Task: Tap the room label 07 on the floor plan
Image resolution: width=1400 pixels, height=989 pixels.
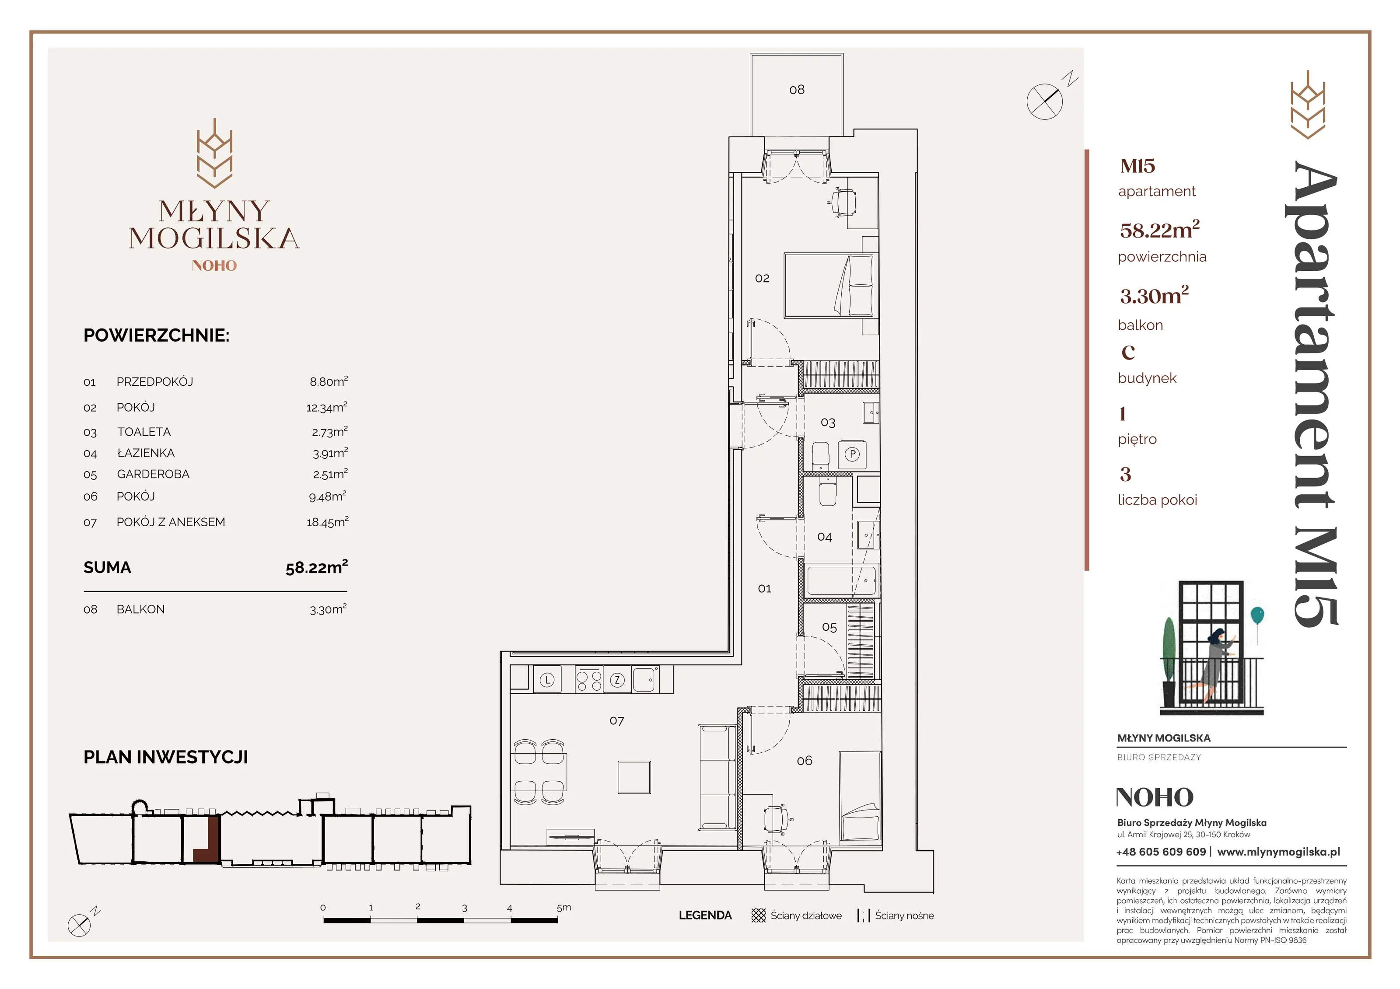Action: click(616, 721)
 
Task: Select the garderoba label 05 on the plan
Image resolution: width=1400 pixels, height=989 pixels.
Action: click(829, 627)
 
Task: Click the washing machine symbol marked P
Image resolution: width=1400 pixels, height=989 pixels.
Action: click(852, 454)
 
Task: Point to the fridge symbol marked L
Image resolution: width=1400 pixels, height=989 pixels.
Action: click(547, 680)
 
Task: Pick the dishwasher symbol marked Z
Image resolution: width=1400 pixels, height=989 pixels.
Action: click(617, 680)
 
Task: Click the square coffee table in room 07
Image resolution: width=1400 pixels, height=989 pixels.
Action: click(634, 777)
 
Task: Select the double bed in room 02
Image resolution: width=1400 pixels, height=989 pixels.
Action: click(829, 285)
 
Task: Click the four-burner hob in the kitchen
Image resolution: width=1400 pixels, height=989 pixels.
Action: click(588, 680)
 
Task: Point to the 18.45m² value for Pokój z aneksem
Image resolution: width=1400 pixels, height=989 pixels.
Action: click(327, 521)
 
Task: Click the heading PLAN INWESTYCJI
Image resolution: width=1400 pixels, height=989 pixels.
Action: click(166, 757)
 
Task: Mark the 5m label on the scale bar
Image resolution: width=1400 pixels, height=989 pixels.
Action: click(564, 907)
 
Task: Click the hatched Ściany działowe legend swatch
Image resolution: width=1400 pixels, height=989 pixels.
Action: click(759, 915)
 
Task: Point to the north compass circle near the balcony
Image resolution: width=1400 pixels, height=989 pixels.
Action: click(1044, 101)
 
